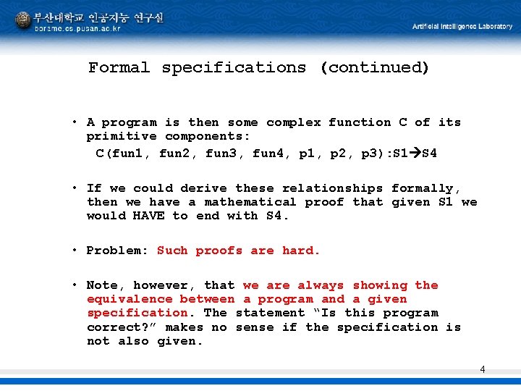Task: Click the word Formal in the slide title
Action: (119, 68)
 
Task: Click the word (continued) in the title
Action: (374, 68)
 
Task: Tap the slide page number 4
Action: (483, 370)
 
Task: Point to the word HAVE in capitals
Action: (149, 216)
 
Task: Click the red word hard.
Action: (301, 251)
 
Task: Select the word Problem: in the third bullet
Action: (117, 251)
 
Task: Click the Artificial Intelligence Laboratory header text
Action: (462, 27)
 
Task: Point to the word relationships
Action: (332, 188)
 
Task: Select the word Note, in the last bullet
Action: (106, 285)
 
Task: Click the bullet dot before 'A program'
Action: (75, 122)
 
